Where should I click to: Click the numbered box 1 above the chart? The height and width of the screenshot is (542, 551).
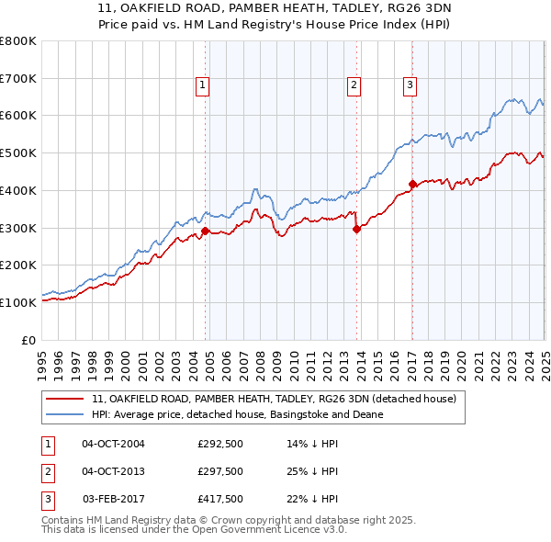coord(202,85)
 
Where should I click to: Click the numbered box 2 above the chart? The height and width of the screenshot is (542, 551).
coord(354,85)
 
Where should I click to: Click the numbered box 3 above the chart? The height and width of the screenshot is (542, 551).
coord(410,85)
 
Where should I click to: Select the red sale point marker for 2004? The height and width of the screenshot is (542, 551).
coord(206,231)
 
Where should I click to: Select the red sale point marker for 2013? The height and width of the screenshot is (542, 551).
coord(356,230)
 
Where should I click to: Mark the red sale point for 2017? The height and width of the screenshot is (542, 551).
coord(412,185)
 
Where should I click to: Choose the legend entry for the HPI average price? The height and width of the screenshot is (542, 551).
coord(237,415)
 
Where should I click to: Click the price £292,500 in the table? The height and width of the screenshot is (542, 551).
coord(220,444)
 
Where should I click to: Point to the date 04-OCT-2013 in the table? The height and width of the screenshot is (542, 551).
coord(114,471)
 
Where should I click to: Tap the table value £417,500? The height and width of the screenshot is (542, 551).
coord(220,499)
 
